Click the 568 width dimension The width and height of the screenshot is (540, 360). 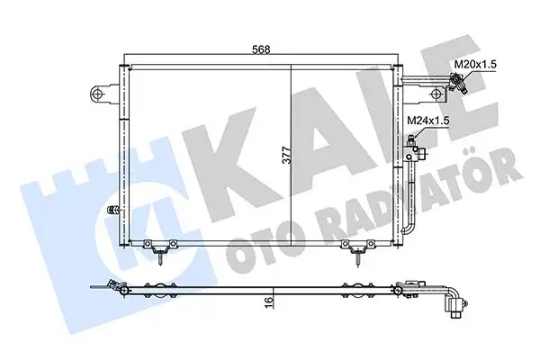pos(260,51)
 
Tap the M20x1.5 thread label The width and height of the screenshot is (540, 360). pos(475,65)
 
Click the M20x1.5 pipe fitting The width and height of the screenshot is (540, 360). pos(458,85)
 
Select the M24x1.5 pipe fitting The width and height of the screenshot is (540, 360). pos(413,141)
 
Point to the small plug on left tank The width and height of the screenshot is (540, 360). pos(112,211)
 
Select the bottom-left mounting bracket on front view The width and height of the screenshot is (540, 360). pos(160,249)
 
